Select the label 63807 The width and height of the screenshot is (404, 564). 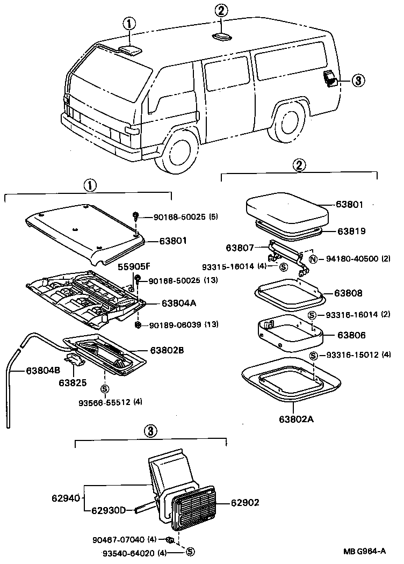240,248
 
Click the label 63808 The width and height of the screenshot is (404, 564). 348,293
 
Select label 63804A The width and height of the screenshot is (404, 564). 179,303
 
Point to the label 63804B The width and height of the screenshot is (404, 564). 29,370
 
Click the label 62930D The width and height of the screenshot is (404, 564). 108,510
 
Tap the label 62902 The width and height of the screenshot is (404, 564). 245,503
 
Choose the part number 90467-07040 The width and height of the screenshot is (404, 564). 126,540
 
